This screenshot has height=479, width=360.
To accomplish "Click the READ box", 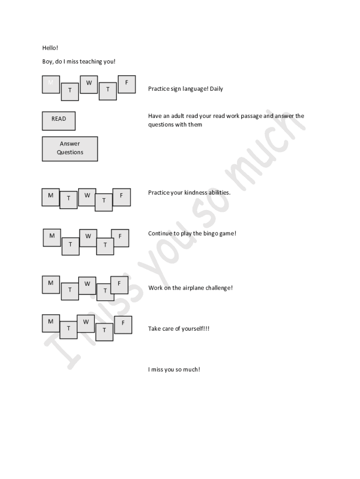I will [x=58, y=121].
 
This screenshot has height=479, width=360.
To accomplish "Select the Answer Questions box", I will [x=70, y=149].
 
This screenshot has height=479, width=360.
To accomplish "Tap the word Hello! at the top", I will [x=50, y=48].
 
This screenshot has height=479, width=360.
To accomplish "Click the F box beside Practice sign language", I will [x=126, y=84].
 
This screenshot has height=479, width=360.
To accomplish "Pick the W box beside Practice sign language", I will [x=88, y=85].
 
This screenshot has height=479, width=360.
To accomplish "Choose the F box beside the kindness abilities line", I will [x=122, y=197].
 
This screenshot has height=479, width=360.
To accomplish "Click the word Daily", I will [x=216, y=89].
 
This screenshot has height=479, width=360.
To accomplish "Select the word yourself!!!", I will [x=195, y=329].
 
